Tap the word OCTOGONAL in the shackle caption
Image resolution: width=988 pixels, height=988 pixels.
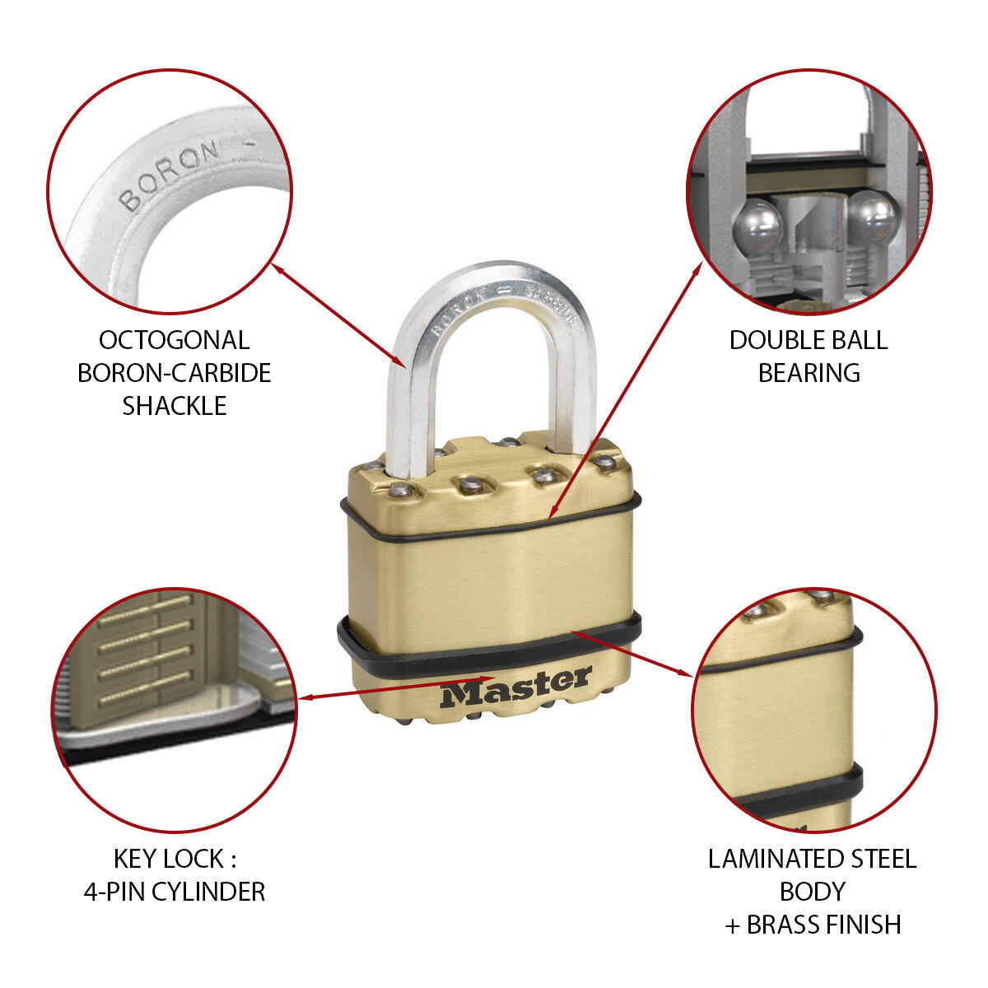coord(174,340)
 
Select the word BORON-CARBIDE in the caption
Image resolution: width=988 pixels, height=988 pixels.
coord(174,373)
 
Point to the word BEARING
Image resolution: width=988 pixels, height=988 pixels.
coord(809,373)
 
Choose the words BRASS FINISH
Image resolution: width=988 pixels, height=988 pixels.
coord(823,925)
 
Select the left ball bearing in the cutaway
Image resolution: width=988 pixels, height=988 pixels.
coord(757,226)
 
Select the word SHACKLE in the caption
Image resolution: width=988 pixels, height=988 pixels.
coord(174,406)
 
